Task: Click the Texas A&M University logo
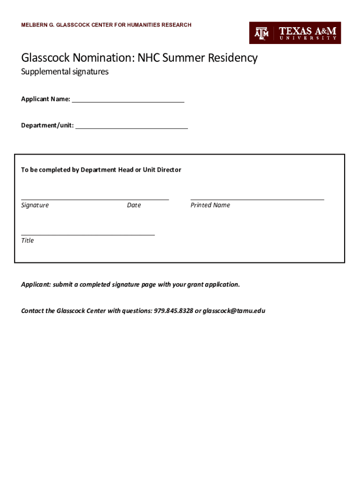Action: [x=295, y=33]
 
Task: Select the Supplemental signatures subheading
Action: [x=65, y=72]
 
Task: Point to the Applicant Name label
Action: [x=45, y=99]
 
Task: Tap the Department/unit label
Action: [x=47, y=125]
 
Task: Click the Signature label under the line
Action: [x=35, y=205]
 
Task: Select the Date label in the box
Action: [x=134, y=205]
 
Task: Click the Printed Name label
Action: [x=210, y=205]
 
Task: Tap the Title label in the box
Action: [x=28, y=240]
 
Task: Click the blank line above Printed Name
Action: [x=257, y=199]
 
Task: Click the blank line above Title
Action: [x=88, y=234]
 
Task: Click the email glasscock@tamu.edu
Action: [x=234, y=311]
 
